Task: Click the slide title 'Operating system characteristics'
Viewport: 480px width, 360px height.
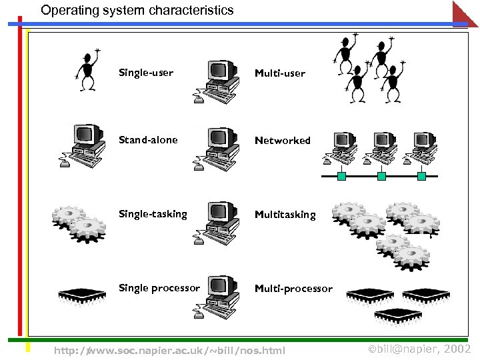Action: (x=137, y=11)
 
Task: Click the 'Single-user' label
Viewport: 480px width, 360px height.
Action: (x=145, y=72)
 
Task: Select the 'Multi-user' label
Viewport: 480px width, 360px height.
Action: (x=280, y=73)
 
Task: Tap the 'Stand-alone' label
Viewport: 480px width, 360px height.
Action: (x=148, y=140)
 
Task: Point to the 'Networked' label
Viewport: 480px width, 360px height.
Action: (x=283, y=141)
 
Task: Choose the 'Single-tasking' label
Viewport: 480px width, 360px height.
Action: (x=153, y=214)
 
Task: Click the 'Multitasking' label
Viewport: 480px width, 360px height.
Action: (x=285, y=215)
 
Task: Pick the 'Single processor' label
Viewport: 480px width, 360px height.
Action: (x=159, y=288)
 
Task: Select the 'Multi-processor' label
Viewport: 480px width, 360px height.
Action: (x=293, y=289)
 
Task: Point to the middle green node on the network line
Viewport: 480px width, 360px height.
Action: (x=381, y=177)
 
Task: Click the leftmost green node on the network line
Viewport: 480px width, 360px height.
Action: (x=341, y=177)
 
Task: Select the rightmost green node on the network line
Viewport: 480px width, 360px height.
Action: (x=421, y=177)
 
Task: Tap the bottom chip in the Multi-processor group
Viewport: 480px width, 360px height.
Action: (x=398, y=314)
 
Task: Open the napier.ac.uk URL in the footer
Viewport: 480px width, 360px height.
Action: (x=169, y=350)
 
